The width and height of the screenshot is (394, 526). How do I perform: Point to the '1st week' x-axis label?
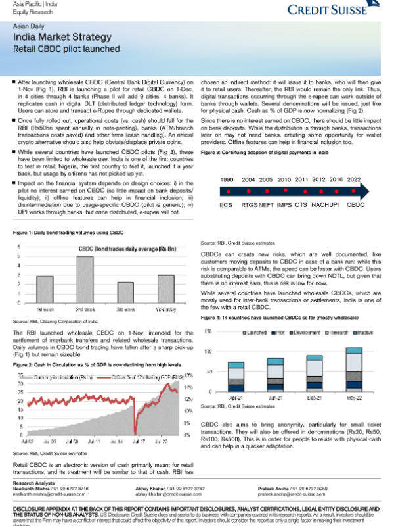tap(45, 308)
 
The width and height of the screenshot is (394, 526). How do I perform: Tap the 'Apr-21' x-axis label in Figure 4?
tap(236, 397)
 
